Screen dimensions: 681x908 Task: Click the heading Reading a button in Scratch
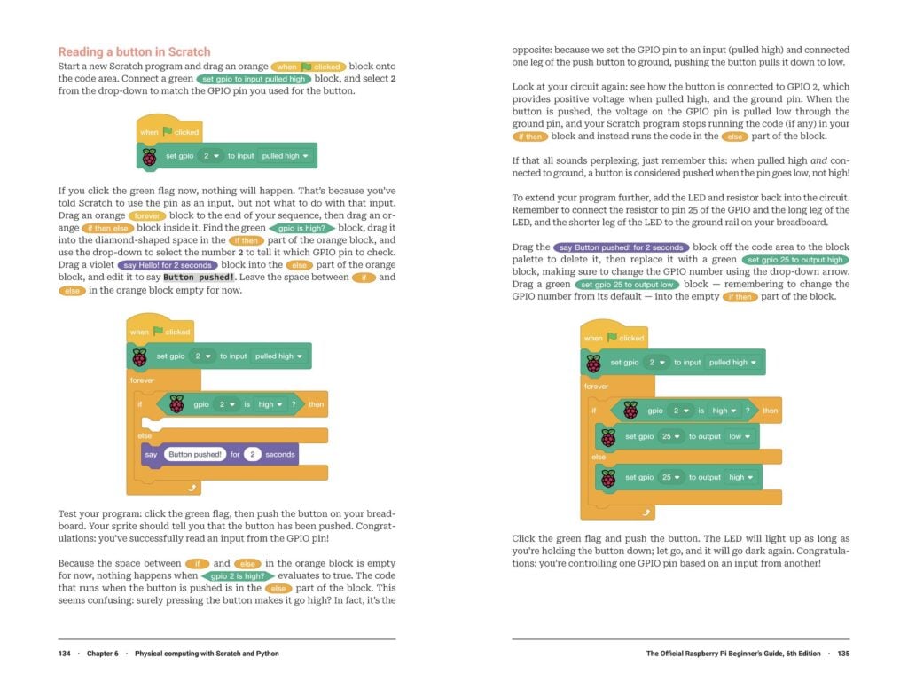pos(134,51)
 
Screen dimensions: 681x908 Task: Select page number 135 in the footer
pos(842,654)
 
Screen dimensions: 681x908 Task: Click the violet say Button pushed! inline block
pos(620,247)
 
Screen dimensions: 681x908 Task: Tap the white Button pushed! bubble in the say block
pos(193,455)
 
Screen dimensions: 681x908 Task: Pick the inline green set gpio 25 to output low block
pos(627,285)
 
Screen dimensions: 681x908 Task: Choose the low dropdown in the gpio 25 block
pos(740,436)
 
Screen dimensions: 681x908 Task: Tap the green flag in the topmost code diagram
pos(167,132)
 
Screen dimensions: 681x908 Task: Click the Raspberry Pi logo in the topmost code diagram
pos(149,157)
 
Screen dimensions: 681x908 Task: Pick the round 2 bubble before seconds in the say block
pos(253,455)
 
